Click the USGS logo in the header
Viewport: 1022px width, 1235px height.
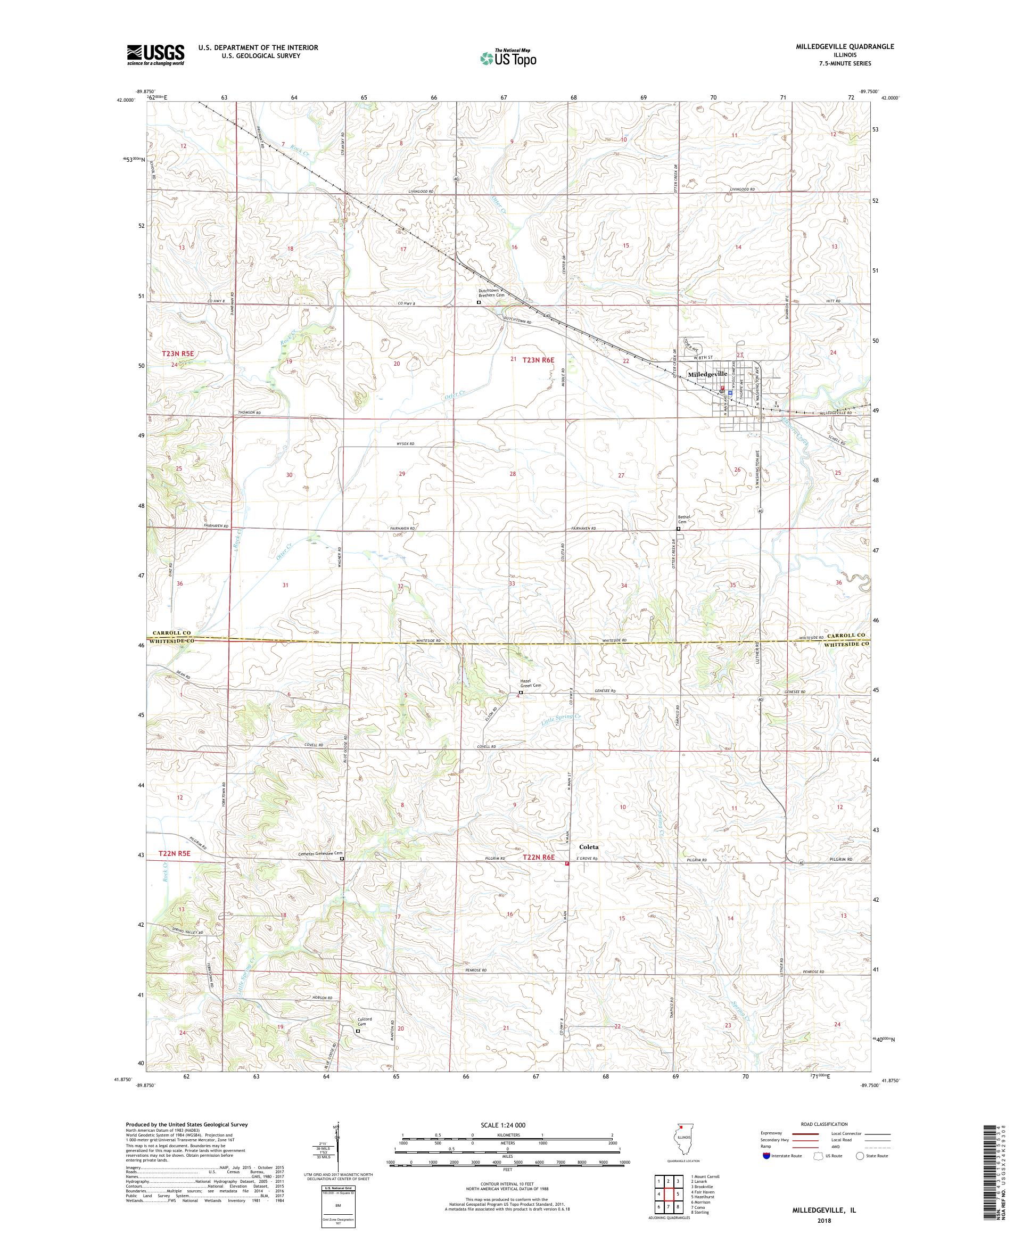coord(156,55)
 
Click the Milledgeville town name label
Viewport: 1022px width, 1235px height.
coord(707,374)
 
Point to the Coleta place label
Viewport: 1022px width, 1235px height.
coord(589,847)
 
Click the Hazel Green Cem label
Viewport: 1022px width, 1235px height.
coord(530,684)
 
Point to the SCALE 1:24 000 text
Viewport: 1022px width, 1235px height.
coord(506,1125)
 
